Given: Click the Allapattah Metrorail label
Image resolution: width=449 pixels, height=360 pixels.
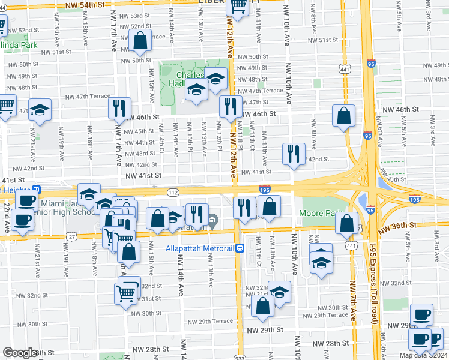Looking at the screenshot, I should click(200, 248).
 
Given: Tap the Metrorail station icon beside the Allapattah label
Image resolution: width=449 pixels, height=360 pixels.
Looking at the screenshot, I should click(240, 248).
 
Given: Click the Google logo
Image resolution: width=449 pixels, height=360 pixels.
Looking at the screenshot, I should click(20, 353).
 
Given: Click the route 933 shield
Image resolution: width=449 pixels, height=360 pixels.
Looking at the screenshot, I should click(240, 356).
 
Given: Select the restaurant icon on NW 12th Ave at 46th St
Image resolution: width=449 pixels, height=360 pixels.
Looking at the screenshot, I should click(230, 106).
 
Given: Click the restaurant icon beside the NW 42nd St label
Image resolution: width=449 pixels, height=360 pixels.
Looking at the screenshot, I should click(294, 153).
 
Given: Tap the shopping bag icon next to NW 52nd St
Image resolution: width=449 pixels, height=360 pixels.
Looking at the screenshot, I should click(140, 41).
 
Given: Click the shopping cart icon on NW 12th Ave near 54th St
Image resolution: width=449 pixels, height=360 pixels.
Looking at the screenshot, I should click(238, 5).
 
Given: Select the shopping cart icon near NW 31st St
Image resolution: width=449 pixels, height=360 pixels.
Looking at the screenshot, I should click(125, 293).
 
